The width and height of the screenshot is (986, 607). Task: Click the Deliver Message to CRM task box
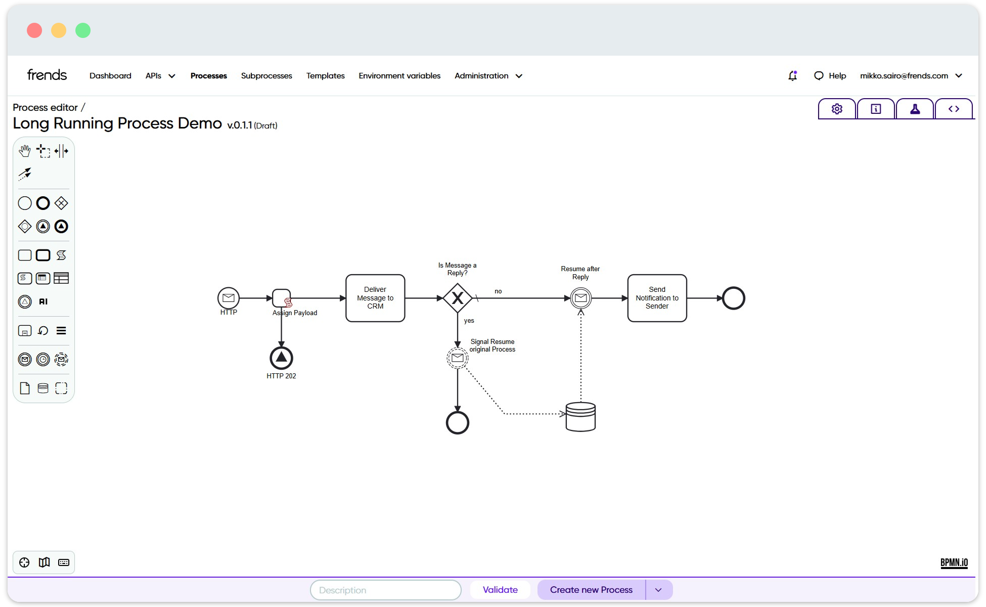coord(375,298)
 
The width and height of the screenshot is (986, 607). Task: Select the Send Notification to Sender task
coord(657,298)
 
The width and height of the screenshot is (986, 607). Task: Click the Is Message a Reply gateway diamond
coord(458,298)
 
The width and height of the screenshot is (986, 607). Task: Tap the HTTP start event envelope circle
coord(229,298)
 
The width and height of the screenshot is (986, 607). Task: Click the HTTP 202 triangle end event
coord(281,358)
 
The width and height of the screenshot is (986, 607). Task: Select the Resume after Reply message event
coord(581,298)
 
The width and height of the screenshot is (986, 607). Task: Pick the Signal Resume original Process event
coord(458,358)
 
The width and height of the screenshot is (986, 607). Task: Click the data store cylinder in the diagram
coord(580,417)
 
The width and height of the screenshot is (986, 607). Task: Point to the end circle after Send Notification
coord(734,298)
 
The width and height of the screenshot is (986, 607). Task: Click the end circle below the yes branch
coord(458,422)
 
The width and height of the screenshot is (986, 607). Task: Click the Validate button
coord(500,590)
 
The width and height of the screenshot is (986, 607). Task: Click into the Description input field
coord(386,590)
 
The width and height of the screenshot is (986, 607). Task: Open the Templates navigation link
coord(326,76)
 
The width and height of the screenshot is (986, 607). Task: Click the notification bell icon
coord(792,75)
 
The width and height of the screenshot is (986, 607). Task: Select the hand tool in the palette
coord(25,151)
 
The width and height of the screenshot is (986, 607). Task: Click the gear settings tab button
coord(837,109)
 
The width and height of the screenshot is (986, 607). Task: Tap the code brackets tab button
coord(954,109)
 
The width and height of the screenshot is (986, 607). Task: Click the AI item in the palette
coord(43,301)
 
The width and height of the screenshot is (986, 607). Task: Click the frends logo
coord(47,75)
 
